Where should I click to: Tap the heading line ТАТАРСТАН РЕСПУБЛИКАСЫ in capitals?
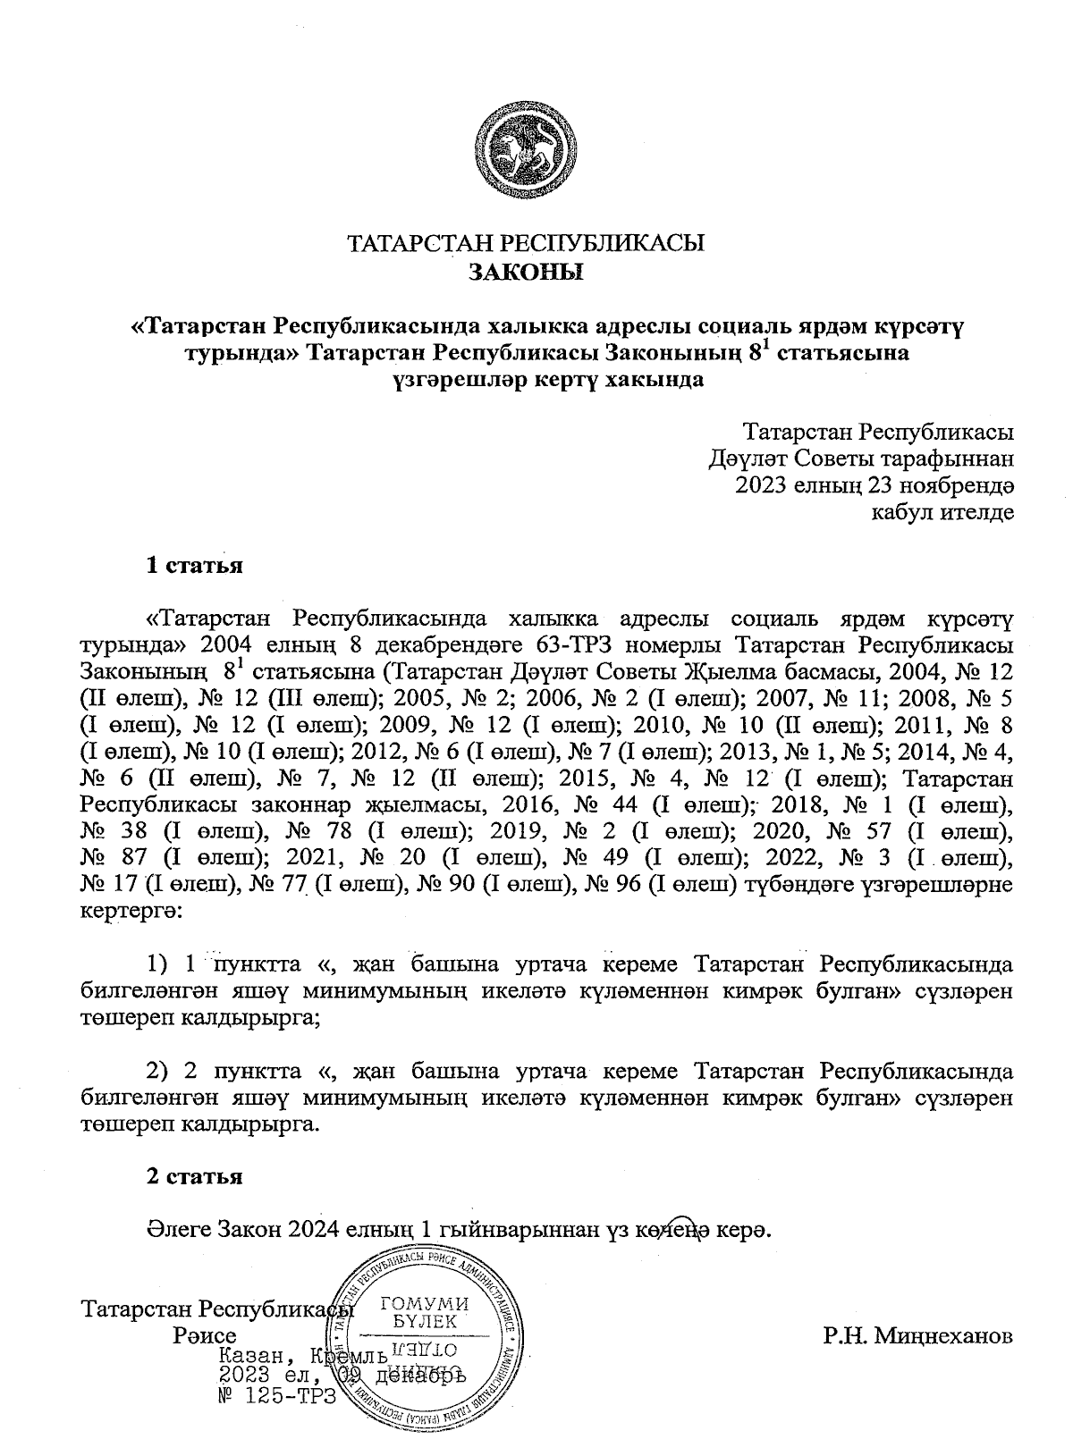(526, 244)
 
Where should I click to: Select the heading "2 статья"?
(194, 1177)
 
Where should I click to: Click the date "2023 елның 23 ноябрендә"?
(873, 486)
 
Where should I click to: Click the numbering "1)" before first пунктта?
(158, 964)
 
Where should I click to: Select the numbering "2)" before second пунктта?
(158, 1070)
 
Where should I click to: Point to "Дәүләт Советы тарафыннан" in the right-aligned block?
(860, 460)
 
